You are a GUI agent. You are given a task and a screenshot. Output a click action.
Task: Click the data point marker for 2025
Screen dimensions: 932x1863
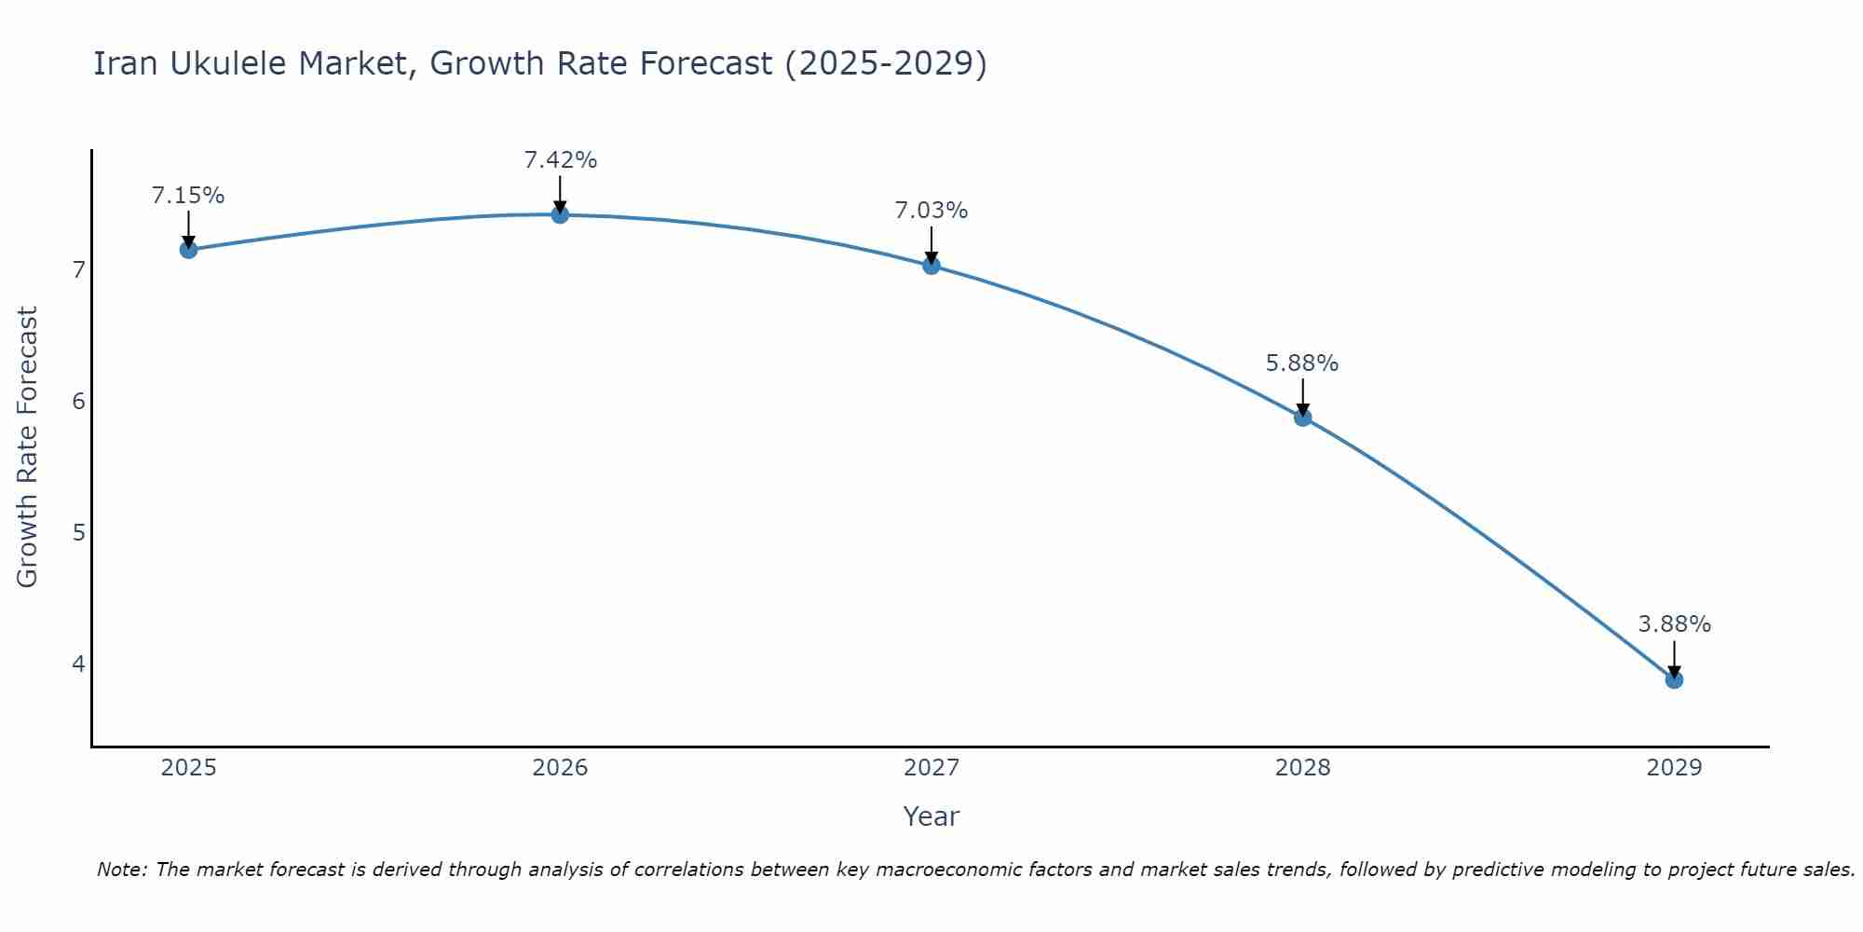188,250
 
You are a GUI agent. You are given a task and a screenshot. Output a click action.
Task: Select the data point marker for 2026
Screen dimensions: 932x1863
560,215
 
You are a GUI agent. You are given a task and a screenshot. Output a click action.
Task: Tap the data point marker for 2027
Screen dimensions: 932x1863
931,266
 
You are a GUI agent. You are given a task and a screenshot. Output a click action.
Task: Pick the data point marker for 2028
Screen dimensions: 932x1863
1302,418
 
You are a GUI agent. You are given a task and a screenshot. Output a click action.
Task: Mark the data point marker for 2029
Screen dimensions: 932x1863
1674,680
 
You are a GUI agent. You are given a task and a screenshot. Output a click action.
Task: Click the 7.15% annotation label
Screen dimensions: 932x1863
188,196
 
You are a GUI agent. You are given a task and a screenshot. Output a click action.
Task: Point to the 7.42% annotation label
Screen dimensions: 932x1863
560,160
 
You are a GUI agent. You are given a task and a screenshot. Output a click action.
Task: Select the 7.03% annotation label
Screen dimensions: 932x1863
931,211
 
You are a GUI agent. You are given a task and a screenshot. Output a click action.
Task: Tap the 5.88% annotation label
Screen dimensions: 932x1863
1302,363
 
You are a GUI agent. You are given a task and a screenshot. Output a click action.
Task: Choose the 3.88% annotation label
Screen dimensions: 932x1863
1674,624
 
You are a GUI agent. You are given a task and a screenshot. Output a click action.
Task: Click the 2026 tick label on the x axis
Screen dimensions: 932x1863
560,768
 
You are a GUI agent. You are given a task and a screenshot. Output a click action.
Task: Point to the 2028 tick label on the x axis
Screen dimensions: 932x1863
1302,768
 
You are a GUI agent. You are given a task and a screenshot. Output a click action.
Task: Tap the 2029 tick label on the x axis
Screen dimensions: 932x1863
1674,768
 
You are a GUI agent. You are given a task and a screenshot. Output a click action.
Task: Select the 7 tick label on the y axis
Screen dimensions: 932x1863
78,270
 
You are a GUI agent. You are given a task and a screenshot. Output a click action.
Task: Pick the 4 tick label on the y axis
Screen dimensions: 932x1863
78,665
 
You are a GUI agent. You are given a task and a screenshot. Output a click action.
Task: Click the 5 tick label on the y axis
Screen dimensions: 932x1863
78,533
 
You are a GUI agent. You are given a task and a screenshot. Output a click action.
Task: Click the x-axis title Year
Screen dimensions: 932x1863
931,816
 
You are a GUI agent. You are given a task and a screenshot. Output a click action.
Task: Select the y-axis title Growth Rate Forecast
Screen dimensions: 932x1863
28,447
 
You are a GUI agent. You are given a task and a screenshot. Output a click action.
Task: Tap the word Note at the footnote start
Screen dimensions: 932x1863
121,870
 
